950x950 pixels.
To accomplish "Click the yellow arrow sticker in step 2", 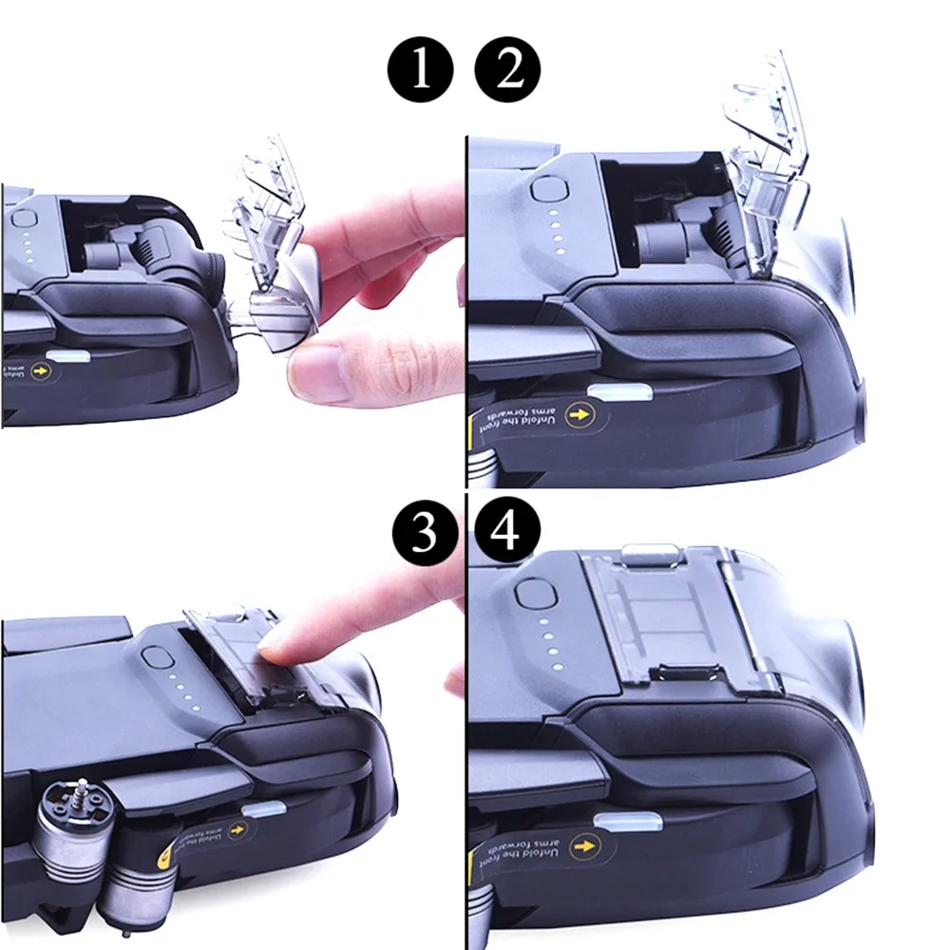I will pos(576,414).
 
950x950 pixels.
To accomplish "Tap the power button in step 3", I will pos(154,658).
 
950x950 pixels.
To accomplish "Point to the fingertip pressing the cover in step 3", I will pos(276,651).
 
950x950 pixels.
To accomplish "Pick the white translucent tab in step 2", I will pos(615,392).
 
